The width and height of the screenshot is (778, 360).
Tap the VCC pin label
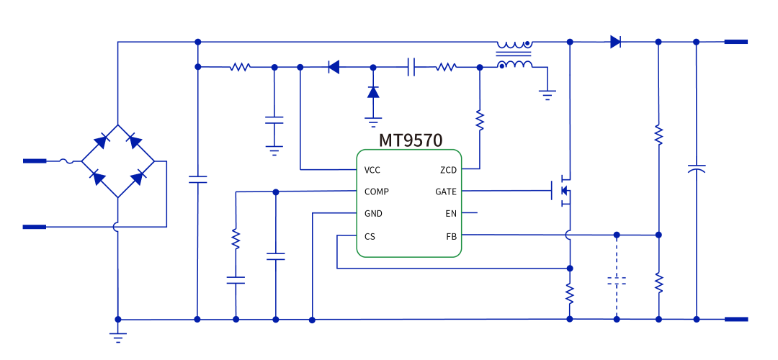372,170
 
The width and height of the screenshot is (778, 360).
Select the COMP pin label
377,192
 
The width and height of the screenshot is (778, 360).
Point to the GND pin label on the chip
373,214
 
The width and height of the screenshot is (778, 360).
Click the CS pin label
370,236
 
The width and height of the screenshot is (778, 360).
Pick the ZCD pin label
448,170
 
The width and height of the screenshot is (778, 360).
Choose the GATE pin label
446,192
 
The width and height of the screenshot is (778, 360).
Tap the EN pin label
451,214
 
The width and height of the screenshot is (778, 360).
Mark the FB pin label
451,236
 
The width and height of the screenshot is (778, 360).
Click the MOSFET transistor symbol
563,191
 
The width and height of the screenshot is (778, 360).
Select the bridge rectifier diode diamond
117,161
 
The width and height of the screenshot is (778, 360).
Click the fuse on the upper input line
70,161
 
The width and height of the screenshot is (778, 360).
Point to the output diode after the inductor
615,42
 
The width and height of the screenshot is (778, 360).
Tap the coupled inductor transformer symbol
514,55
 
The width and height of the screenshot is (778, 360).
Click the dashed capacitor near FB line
616,281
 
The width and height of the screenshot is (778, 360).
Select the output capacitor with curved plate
696,170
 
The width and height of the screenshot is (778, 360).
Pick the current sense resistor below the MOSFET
569,293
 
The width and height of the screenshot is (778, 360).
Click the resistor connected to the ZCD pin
480,120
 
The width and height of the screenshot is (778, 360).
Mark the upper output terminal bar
735,42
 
